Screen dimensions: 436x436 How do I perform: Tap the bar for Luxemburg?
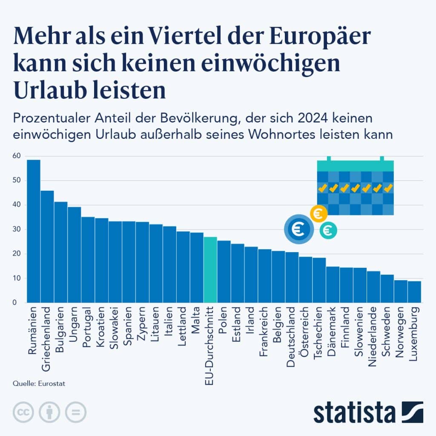(x=414, y=292)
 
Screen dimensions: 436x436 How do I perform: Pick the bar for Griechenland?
(x=47, y=247)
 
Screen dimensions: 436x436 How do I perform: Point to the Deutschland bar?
(x=292, y=277)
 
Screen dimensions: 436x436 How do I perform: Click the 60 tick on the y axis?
(x=17, y=156)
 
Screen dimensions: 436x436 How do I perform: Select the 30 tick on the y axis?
(x=17, y=229)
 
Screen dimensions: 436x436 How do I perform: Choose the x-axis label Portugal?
(x=88, y=329)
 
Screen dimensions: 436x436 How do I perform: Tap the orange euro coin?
(x=318, y=213)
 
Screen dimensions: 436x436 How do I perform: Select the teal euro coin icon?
(x=328, y=230)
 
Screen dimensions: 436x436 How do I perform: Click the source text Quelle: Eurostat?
(x=38, y=384)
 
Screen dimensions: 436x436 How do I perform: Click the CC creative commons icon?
(x=24, y=412)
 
